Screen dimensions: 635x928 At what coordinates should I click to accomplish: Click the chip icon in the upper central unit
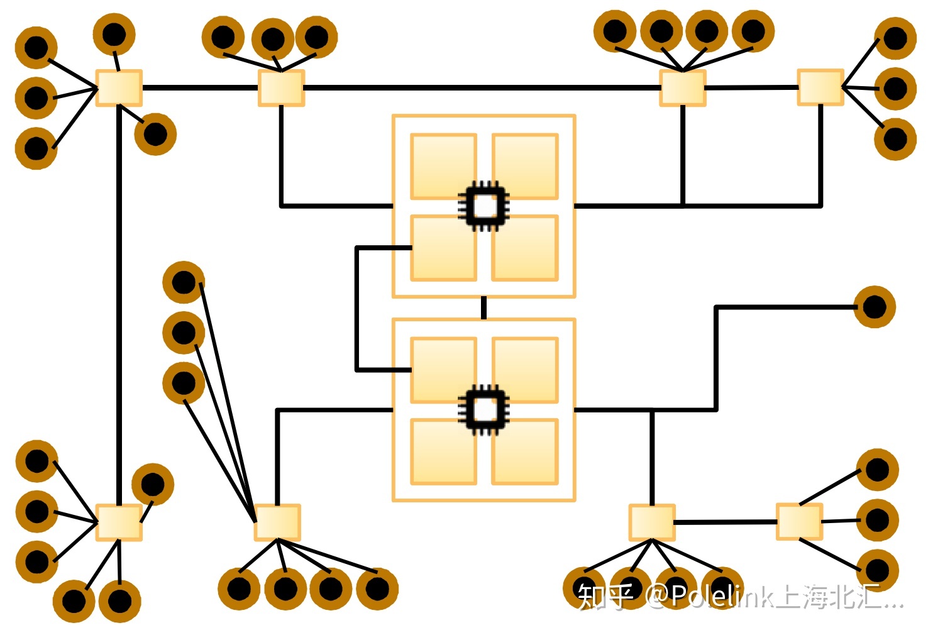coord(483,206)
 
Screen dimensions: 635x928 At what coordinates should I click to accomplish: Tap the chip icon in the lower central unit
coord(483,410)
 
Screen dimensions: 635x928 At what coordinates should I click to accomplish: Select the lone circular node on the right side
coord(874,307)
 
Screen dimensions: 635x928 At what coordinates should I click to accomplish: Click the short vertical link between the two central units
coord(483,308)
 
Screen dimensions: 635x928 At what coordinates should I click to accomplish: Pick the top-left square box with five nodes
coord(119,87)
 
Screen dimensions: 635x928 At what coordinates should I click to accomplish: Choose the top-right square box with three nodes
coord(820,87)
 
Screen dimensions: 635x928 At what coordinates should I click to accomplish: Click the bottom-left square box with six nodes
coord(119,522)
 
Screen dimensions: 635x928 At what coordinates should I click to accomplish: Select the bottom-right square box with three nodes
coord(799,521)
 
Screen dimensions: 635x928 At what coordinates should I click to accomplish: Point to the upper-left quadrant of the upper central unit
coord(443,166)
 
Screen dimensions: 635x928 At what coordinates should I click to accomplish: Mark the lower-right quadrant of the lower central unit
coord(525,451)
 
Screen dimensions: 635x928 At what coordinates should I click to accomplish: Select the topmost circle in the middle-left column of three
coord(184,282)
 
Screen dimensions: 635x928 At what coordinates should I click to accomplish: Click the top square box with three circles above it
coord(281,87)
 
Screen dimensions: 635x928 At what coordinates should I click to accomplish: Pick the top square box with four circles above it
coord(682,87)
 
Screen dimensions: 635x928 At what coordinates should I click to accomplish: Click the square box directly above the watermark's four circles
coord(652,522)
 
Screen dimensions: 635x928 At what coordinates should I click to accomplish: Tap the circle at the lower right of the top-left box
coord(155,134)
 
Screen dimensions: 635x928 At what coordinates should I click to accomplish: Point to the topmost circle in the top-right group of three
coord(895,38)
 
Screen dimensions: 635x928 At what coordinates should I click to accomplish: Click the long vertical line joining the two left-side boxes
coord(118,302)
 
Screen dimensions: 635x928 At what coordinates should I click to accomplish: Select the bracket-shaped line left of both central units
coord(356,308)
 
